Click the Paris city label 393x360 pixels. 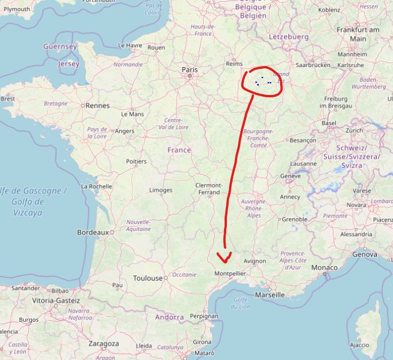click(189, 69)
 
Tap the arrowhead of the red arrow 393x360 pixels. click(223, 257)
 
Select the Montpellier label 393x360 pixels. click(230, 273)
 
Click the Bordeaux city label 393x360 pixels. click(93, 232)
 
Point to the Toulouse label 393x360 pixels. click(148, 278)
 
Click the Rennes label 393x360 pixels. click(97, 106)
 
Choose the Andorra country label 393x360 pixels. click(169, 317)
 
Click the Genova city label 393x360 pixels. click(365, 254)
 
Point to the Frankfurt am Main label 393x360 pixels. click(358, 34)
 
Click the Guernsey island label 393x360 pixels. click(60, 46)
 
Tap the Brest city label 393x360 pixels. click(8, 99)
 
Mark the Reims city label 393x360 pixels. click(234, 64)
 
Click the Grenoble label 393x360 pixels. click(294, 219)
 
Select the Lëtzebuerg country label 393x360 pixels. click(289, 36)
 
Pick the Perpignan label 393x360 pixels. click(204, 316)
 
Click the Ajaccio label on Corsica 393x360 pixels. click(359, 345)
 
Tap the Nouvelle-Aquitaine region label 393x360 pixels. click(138, 225)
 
